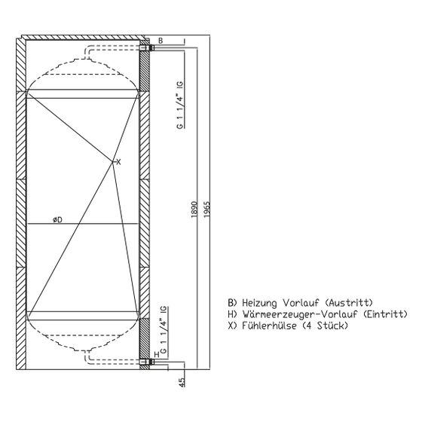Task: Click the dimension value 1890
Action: coord(194,209)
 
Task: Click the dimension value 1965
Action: coord(206,209)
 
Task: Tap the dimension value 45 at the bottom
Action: coord(182,383)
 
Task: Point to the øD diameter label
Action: coord(57,220)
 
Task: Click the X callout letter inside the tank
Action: coord(118,162)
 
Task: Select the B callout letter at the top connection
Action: coord(161,41)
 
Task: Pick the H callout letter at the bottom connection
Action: coord(157,354)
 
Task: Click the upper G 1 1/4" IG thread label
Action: coord(180,105)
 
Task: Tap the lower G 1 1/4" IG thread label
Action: coord(164,330)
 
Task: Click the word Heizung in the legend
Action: coord(259,303)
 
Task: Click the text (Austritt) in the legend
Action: coord(349,303)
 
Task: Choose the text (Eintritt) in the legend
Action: coord(385,314)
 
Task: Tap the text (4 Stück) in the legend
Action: coord(325,326)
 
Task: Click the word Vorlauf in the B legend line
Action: coord(301,303)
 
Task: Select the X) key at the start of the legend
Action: coord(232,326)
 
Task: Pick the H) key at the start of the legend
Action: coord(232,314)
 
